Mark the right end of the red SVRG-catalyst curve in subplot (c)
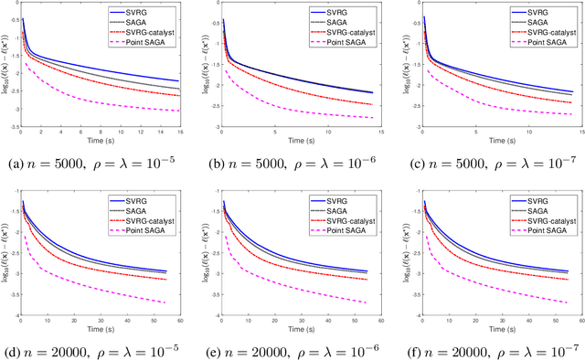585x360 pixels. tap(572, 102)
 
